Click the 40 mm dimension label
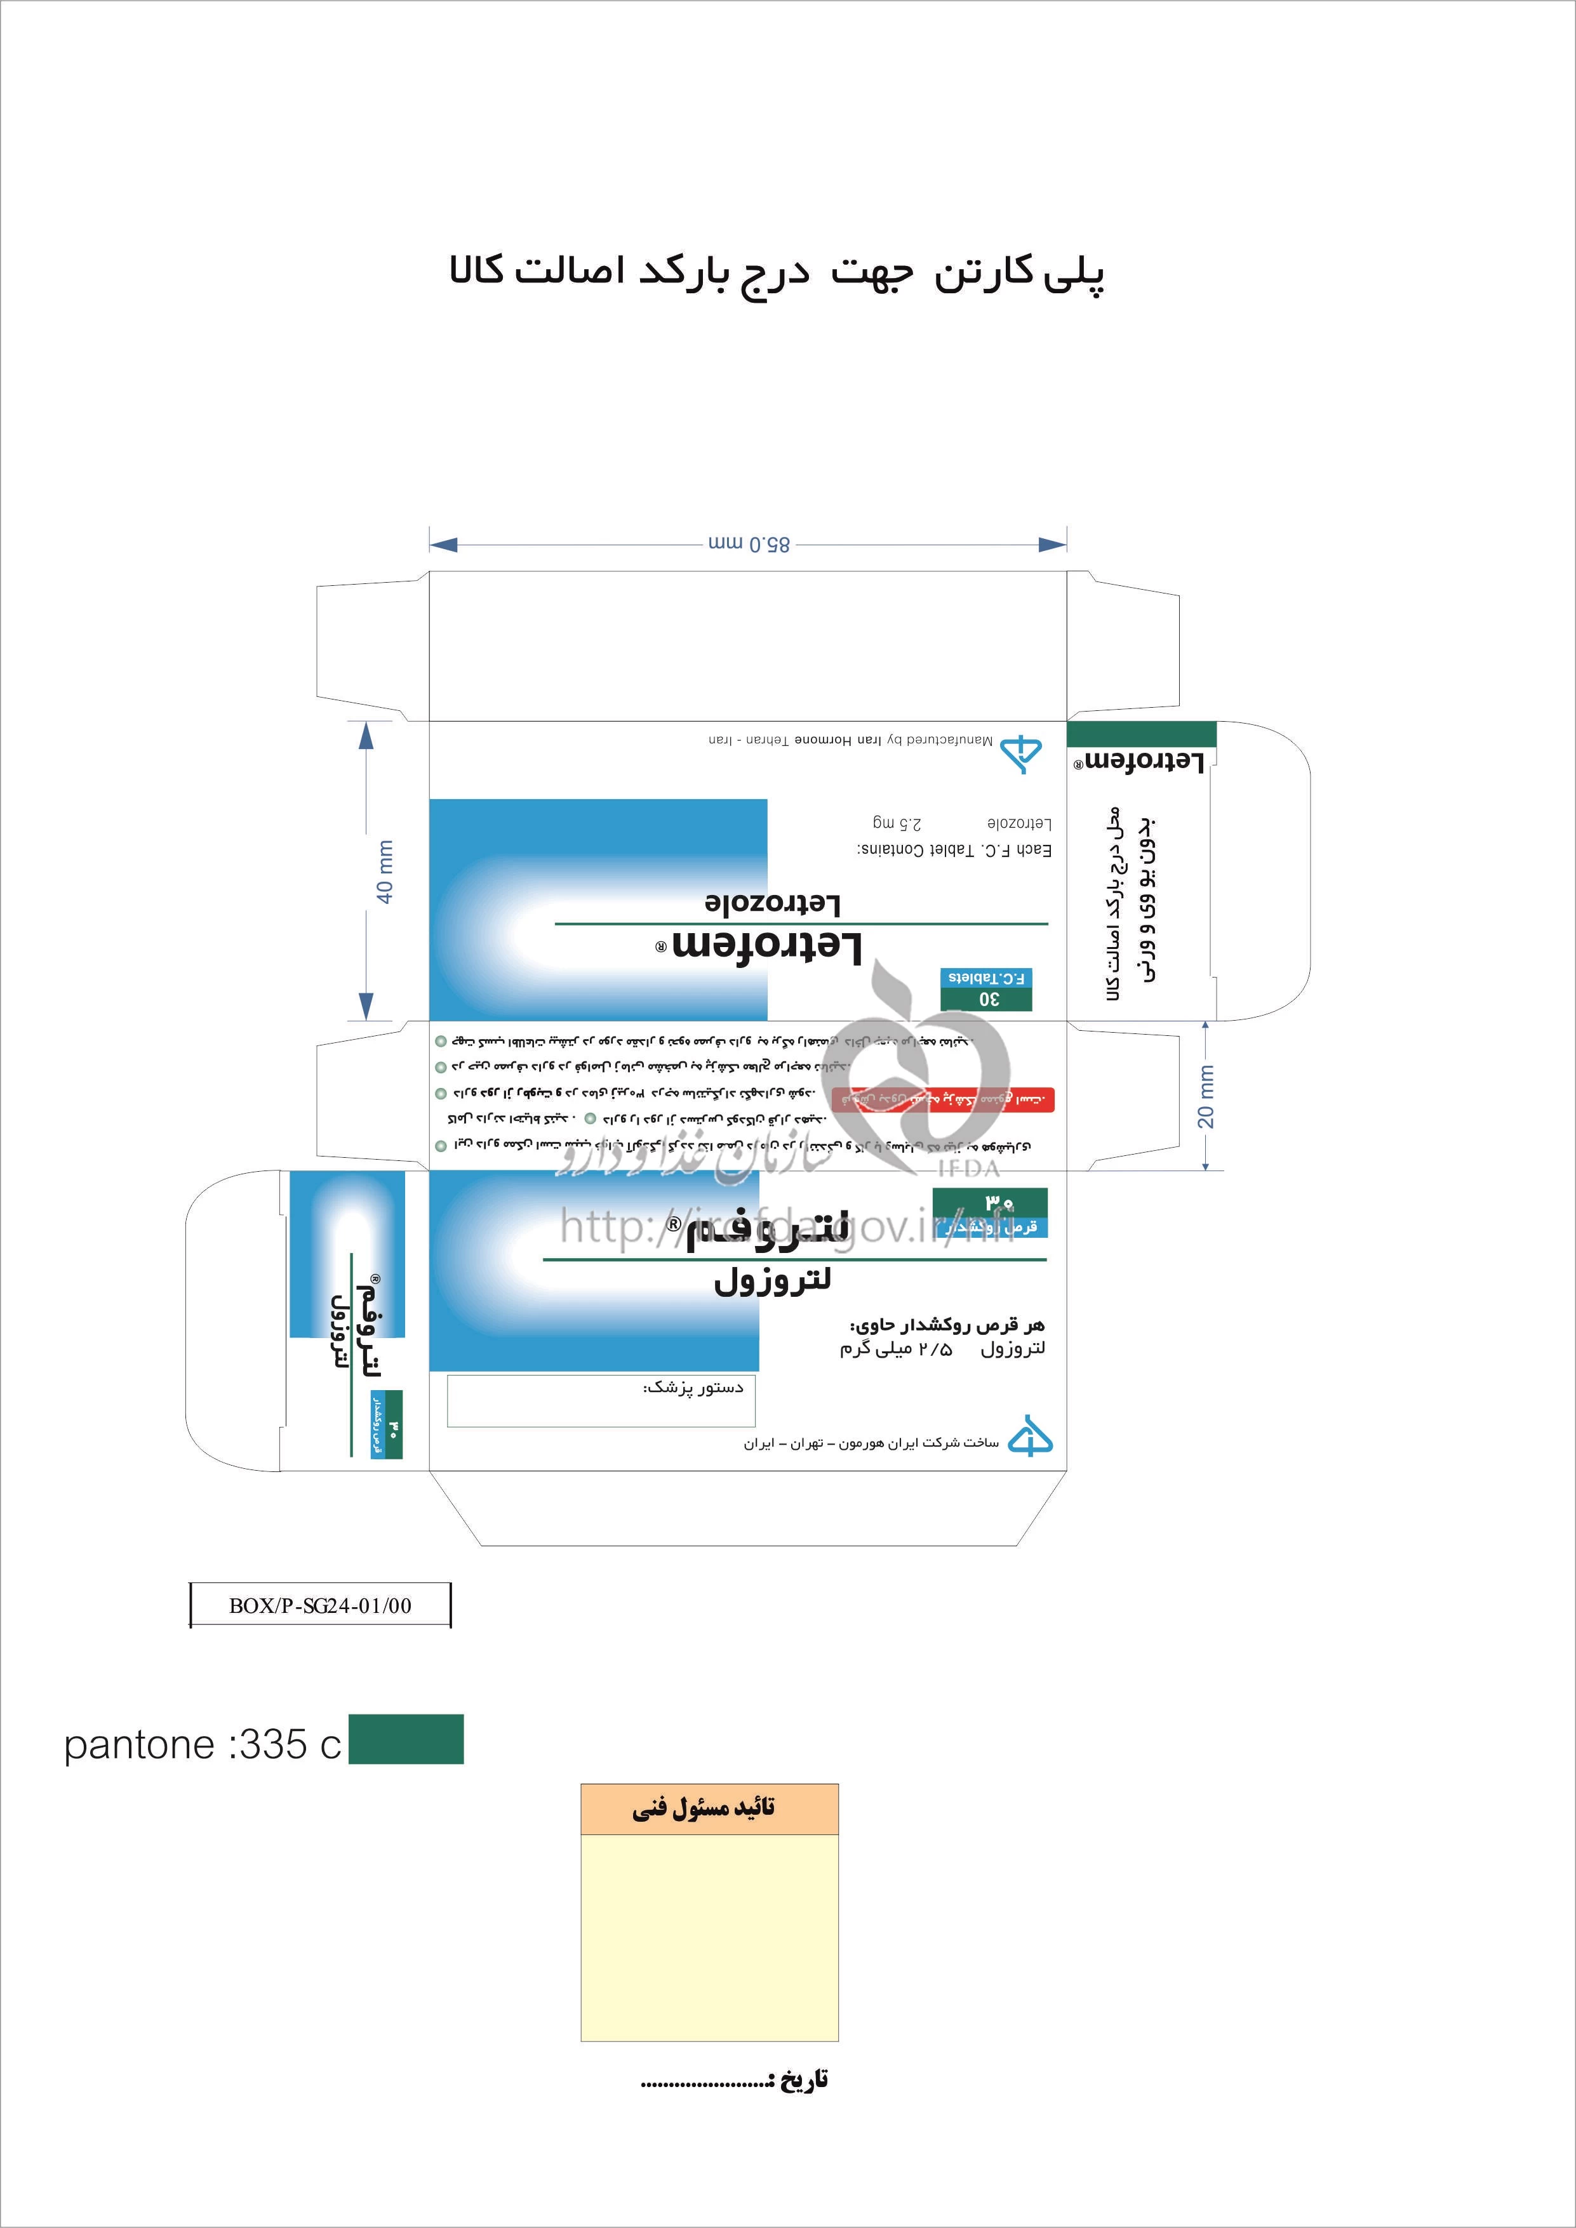(385, 872)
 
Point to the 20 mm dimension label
(1205, 1096)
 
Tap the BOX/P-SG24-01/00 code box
(320, 1605)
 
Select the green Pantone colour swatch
(406, 1739)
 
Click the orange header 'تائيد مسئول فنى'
(709, 1809)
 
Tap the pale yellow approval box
(709, 1937)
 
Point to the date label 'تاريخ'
(798, 2079)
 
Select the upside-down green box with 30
(987, 998)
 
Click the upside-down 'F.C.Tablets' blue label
(987, 977)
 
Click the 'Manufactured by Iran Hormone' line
(850, 740)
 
